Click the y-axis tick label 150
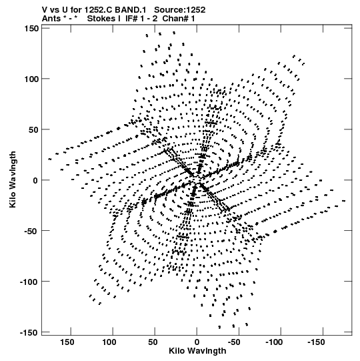[31, 29]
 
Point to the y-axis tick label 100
[31, 79]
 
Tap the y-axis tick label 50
[34, 130]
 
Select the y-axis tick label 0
[35, 180]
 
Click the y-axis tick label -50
[31, 231]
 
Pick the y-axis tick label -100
[29, 282]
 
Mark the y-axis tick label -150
[29, 332]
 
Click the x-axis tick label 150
[67, 342]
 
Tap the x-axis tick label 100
[109, 342]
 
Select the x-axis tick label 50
[153, 342]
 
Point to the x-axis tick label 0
[197, 342]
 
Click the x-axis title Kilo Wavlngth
[197, 351]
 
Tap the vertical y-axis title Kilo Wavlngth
[13, 179]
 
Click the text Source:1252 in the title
[179, 10]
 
